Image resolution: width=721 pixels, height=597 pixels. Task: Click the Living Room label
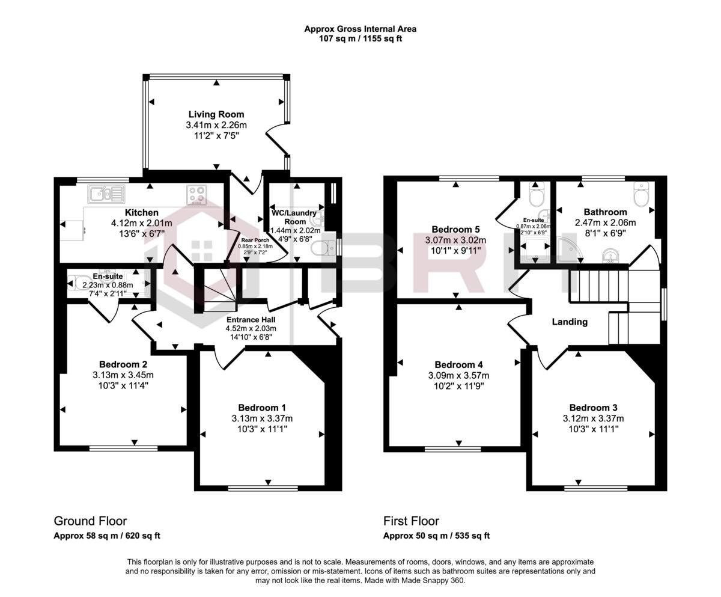coord(216,114)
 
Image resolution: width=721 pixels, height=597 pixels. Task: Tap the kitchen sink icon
coord(106,194)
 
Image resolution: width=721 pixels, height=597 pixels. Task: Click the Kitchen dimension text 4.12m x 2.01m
coord(141,223)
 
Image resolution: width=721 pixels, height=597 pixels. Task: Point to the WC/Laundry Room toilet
coord(323,248)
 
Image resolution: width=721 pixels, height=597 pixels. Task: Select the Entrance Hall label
coord(251,320)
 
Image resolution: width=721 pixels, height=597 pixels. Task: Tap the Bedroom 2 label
coord(123,364)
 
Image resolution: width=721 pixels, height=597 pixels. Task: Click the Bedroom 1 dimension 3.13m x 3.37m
coord(263,418)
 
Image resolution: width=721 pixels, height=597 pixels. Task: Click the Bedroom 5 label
coord(455,229)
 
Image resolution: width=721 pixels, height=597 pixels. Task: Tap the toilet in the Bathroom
coord(642,196)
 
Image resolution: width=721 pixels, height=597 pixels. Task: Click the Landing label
coord(570,322)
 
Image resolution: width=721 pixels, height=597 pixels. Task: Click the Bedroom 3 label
coord(593,407)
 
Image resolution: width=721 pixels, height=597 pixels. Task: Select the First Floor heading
coord(411,521)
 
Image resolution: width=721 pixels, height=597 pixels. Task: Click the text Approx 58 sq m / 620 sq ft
coord(107,536)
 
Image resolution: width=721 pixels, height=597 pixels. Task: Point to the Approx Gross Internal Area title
coord(360,28)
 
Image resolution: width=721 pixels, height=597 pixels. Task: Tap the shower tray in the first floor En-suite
coord(534,250)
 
